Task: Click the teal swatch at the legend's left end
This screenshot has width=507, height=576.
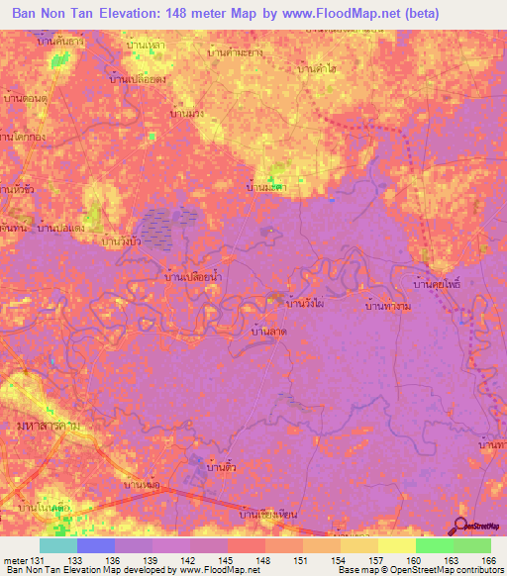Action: click(x=57, y=545)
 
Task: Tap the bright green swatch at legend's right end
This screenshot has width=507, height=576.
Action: click(x=471, y=545)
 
